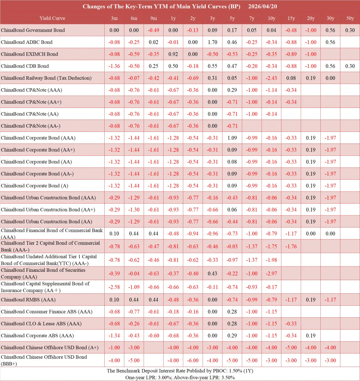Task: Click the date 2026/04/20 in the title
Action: tap(263, 7)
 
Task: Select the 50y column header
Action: tap(350, 18)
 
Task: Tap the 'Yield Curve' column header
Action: tap(52, 18)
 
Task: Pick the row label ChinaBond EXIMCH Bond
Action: tap(29, 54)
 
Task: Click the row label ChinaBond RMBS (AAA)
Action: tap(28, 300)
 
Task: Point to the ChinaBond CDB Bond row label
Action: tap(25, 66)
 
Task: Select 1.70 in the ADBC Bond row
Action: tap(213, 42)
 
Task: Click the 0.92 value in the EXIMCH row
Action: tap(173, 54)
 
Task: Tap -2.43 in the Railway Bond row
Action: tap(272, 78)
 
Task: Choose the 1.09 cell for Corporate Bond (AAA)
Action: tap(232, 138)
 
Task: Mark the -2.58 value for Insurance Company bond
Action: tap(114, 287)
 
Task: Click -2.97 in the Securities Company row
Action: tap(272, 274)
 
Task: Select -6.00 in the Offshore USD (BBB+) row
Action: tap(193, 360)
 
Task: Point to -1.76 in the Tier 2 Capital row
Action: tap(291, 246)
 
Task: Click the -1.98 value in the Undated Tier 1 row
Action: tap(272, 260)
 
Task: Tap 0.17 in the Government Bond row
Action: tap(232, 30)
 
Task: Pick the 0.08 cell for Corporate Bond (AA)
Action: tap(232, 162)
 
